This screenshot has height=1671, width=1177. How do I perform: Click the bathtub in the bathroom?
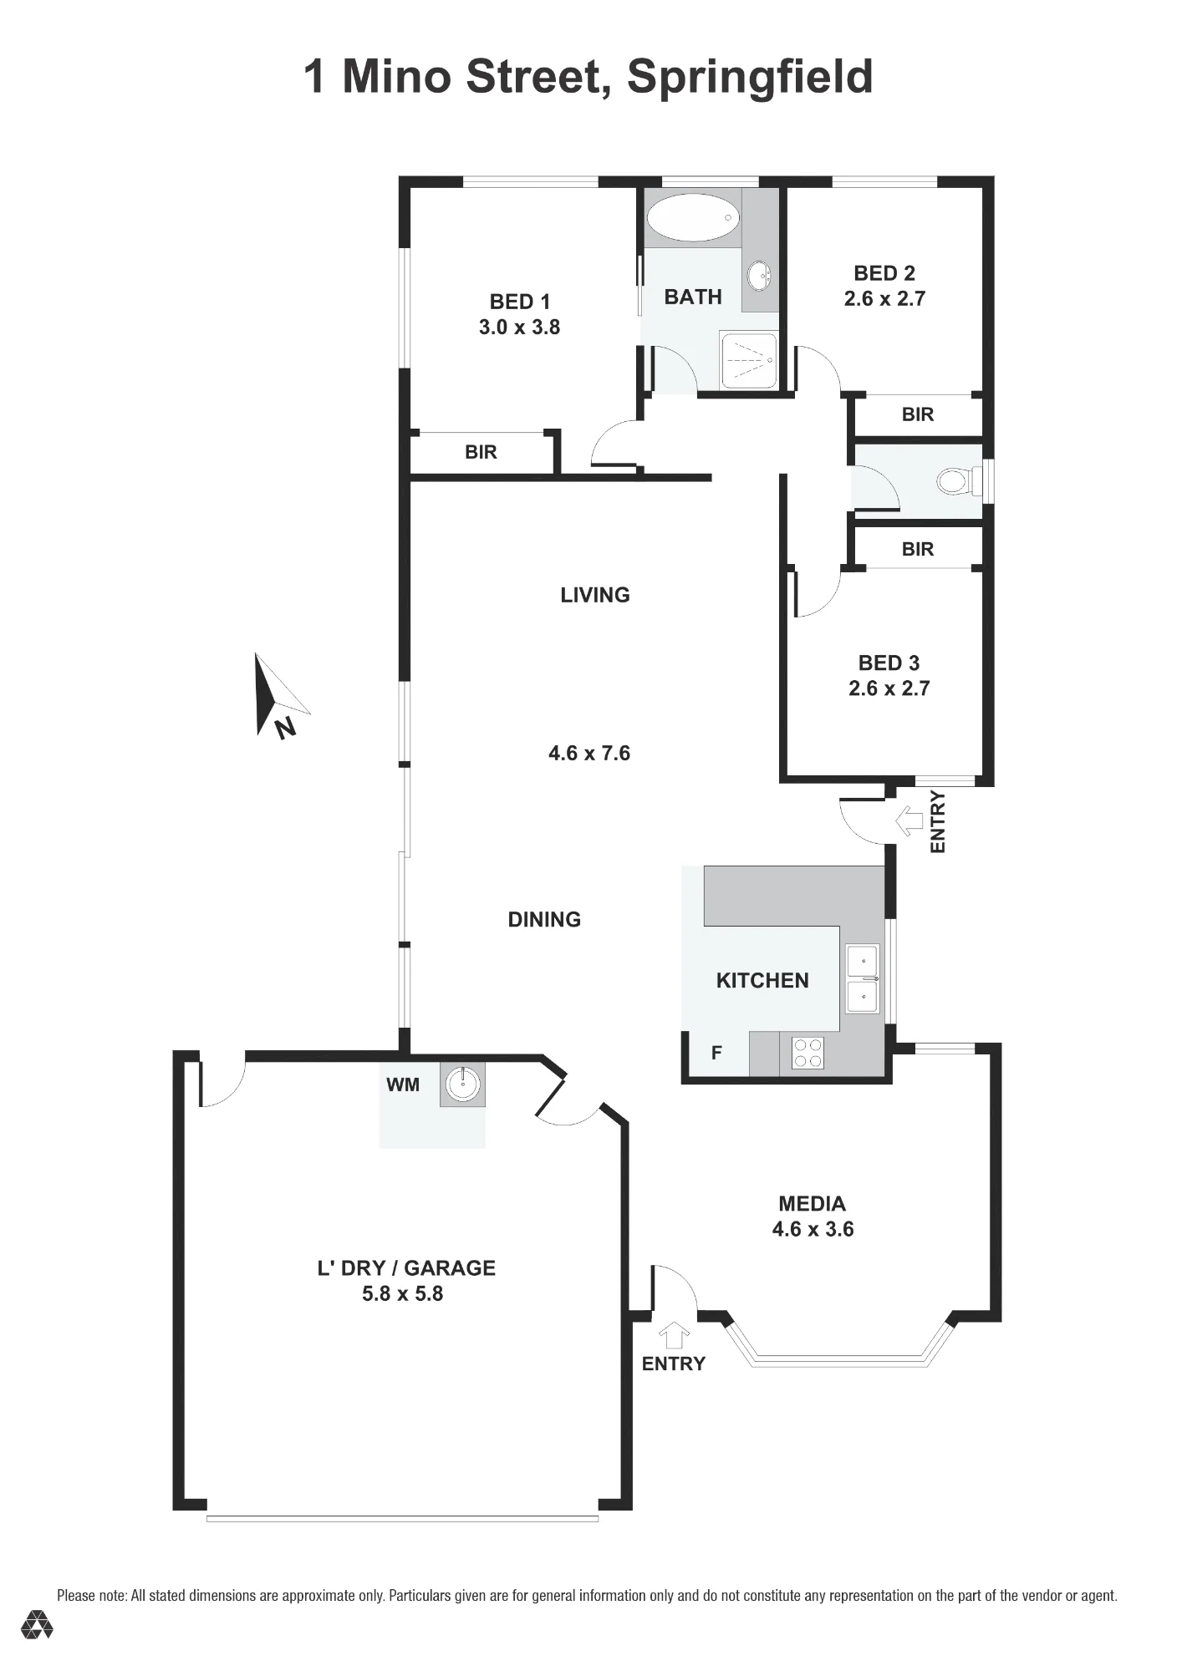coord(693,221)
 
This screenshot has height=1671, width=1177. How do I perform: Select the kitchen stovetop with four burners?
coord(808,1053)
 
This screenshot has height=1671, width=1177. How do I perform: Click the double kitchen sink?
coord(862,978)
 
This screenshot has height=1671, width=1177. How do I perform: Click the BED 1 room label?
coord(519,302)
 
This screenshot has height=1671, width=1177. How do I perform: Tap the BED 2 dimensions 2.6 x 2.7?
coord(884,299)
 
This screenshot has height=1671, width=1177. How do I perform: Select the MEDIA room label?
coord(812,1204)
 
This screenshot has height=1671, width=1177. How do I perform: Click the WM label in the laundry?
coord(403,1084)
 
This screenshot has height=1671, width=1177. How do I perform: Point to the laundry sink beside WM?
coord(462,1084)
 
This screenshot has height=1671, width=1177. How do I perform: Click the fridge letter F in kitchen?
coord(716,1054)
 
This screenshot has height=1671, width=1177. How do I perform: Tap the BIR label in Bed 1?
coord(481,452)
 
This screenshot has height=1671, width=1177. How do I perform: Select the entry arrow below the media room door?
coord(674,1335)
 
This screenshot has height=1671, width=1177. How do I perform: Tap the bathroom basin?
coord(758,276)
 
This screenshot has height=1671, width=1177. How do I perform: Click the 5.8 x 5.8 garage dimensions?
coord(402,1294)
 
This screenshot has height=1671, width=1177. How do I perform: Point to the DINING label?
coord(544,919)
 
